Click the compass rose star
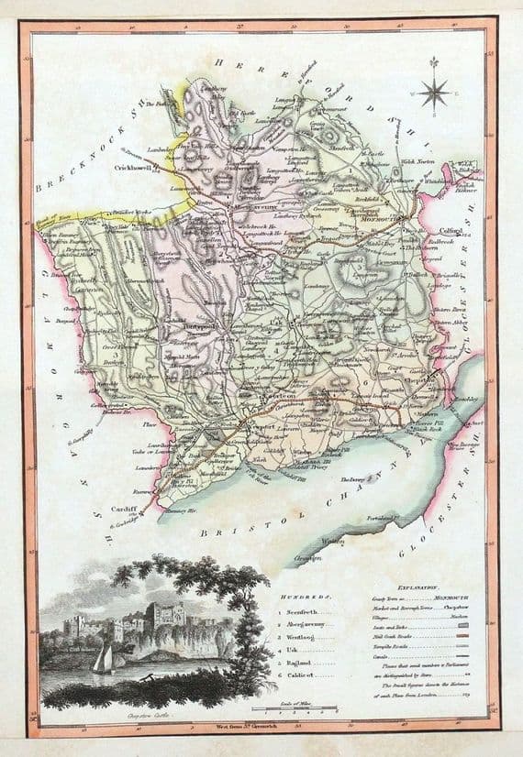(x=435, y=92)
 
